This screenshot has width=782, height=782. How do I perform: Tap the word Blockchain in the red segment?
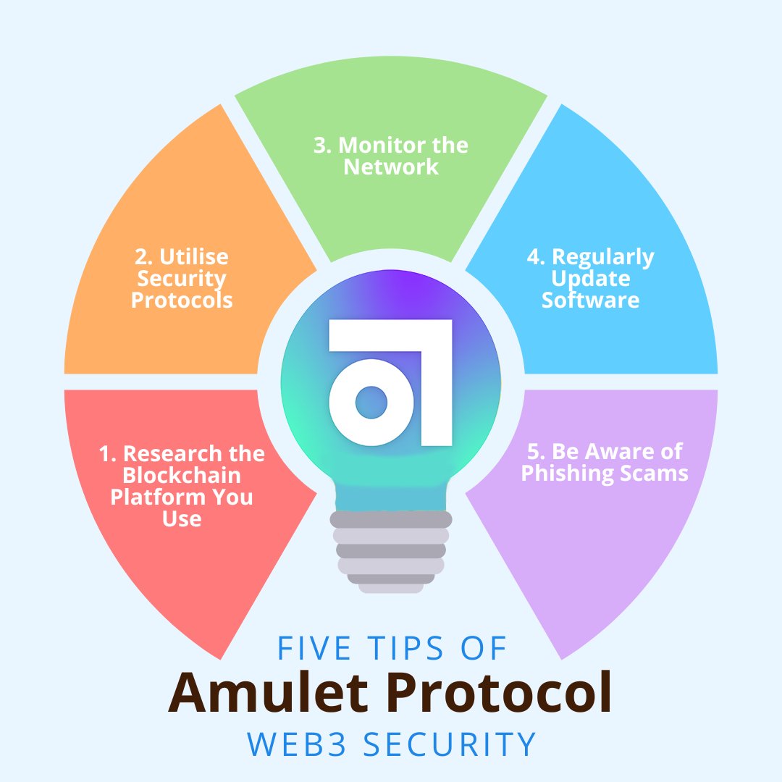[x=182, y=476]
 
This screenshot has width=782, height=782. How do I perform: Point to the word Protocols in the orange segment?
[x=182, y=300]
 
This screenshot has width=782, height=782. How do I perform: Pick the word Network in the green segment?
[x=391, y=167]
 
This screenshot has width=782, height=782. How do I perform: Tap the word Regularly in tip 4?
[x=603, y=257]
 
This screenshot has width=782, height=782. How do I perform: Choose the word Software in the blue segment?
[x=591, y=300]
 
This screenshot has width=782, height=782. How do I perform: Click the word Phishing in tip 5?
[x=566, y=474]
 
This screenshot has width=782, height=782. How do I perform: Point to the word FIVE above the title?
[x=310, y=649]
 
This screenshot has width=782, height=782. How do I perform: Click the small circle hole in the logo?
[x=371, y=402]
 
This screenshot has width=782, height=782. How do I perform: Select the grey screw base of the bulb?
[x=391, y=550]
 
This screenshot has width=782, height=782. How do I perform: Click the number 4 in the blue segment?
[x=535, y=257]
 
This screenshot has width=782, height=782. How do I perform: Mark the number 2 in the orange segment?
[x=143, y=257]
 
